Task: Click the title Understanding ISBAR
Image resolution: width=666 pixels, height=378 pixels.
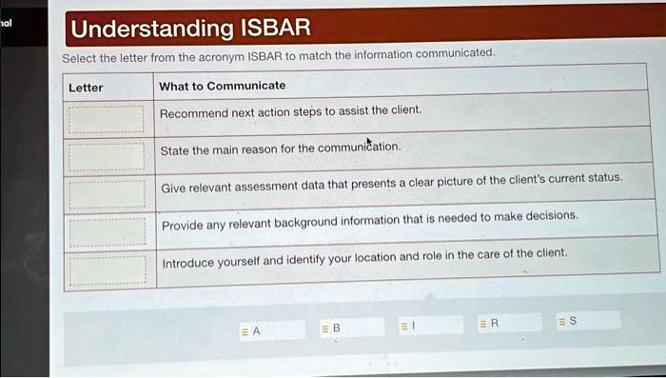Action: coord(191,29)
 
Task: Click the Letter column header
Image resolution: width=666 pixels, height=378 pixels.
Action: coord(86,87)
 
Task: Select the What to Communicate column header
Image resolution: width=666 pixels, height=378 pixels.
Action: coord(222,86)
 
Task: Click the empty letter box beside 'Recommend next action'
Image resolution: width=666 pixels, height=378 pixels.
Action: coord(105,118)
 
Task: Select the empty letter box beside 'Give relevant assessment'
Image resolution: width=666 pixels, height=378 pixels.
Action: coord(105,192)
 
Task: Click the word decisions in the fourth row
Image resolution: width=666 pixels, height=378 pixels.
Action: coord(550,216)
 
